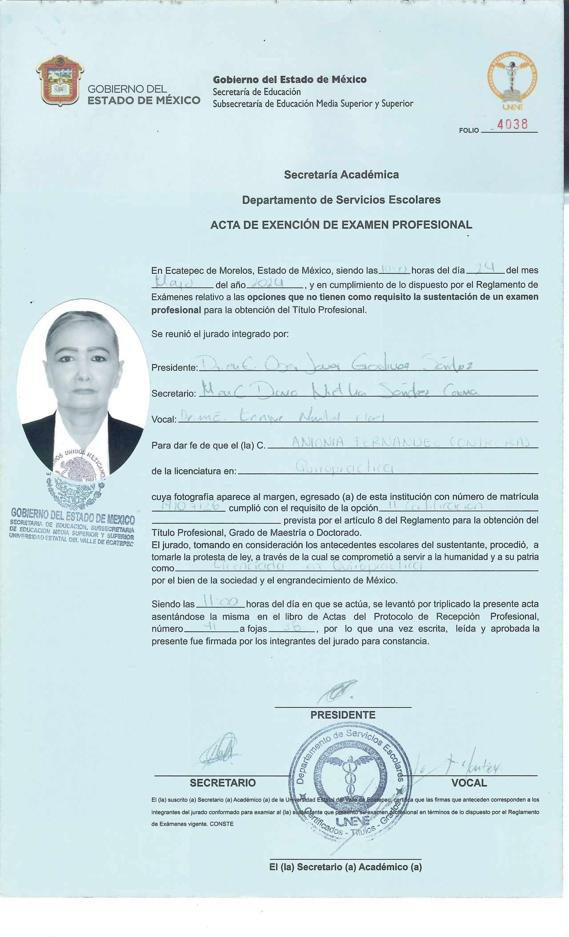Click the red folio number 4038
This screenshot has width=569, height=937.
click(512, 124)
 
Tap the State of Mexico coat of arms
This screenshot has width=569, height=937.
click(60, 80)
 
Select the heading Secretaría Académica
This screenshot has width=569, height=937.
click(341, 175)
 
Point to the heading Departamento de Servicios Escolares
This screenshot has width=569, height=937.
click(341, 200)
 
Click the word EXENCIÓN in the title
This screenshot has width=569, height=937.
click(285, 225)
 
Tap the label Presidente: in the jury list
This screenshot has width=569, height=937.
click(174, 368)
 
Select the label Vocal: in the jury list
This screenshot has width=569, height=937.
click(164, 419)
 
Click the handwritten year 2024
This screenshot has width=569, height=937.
click(268, 284)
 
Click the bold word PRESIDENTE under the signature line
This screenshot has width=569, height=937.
click(343, 715)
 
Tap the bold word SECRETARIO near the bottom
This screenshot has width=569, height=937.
click(223, 783)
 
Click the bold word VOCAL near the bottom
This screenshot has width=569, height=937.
click(469, 783)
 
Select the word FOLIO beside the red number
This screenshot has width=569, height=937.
click(469, 130)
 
